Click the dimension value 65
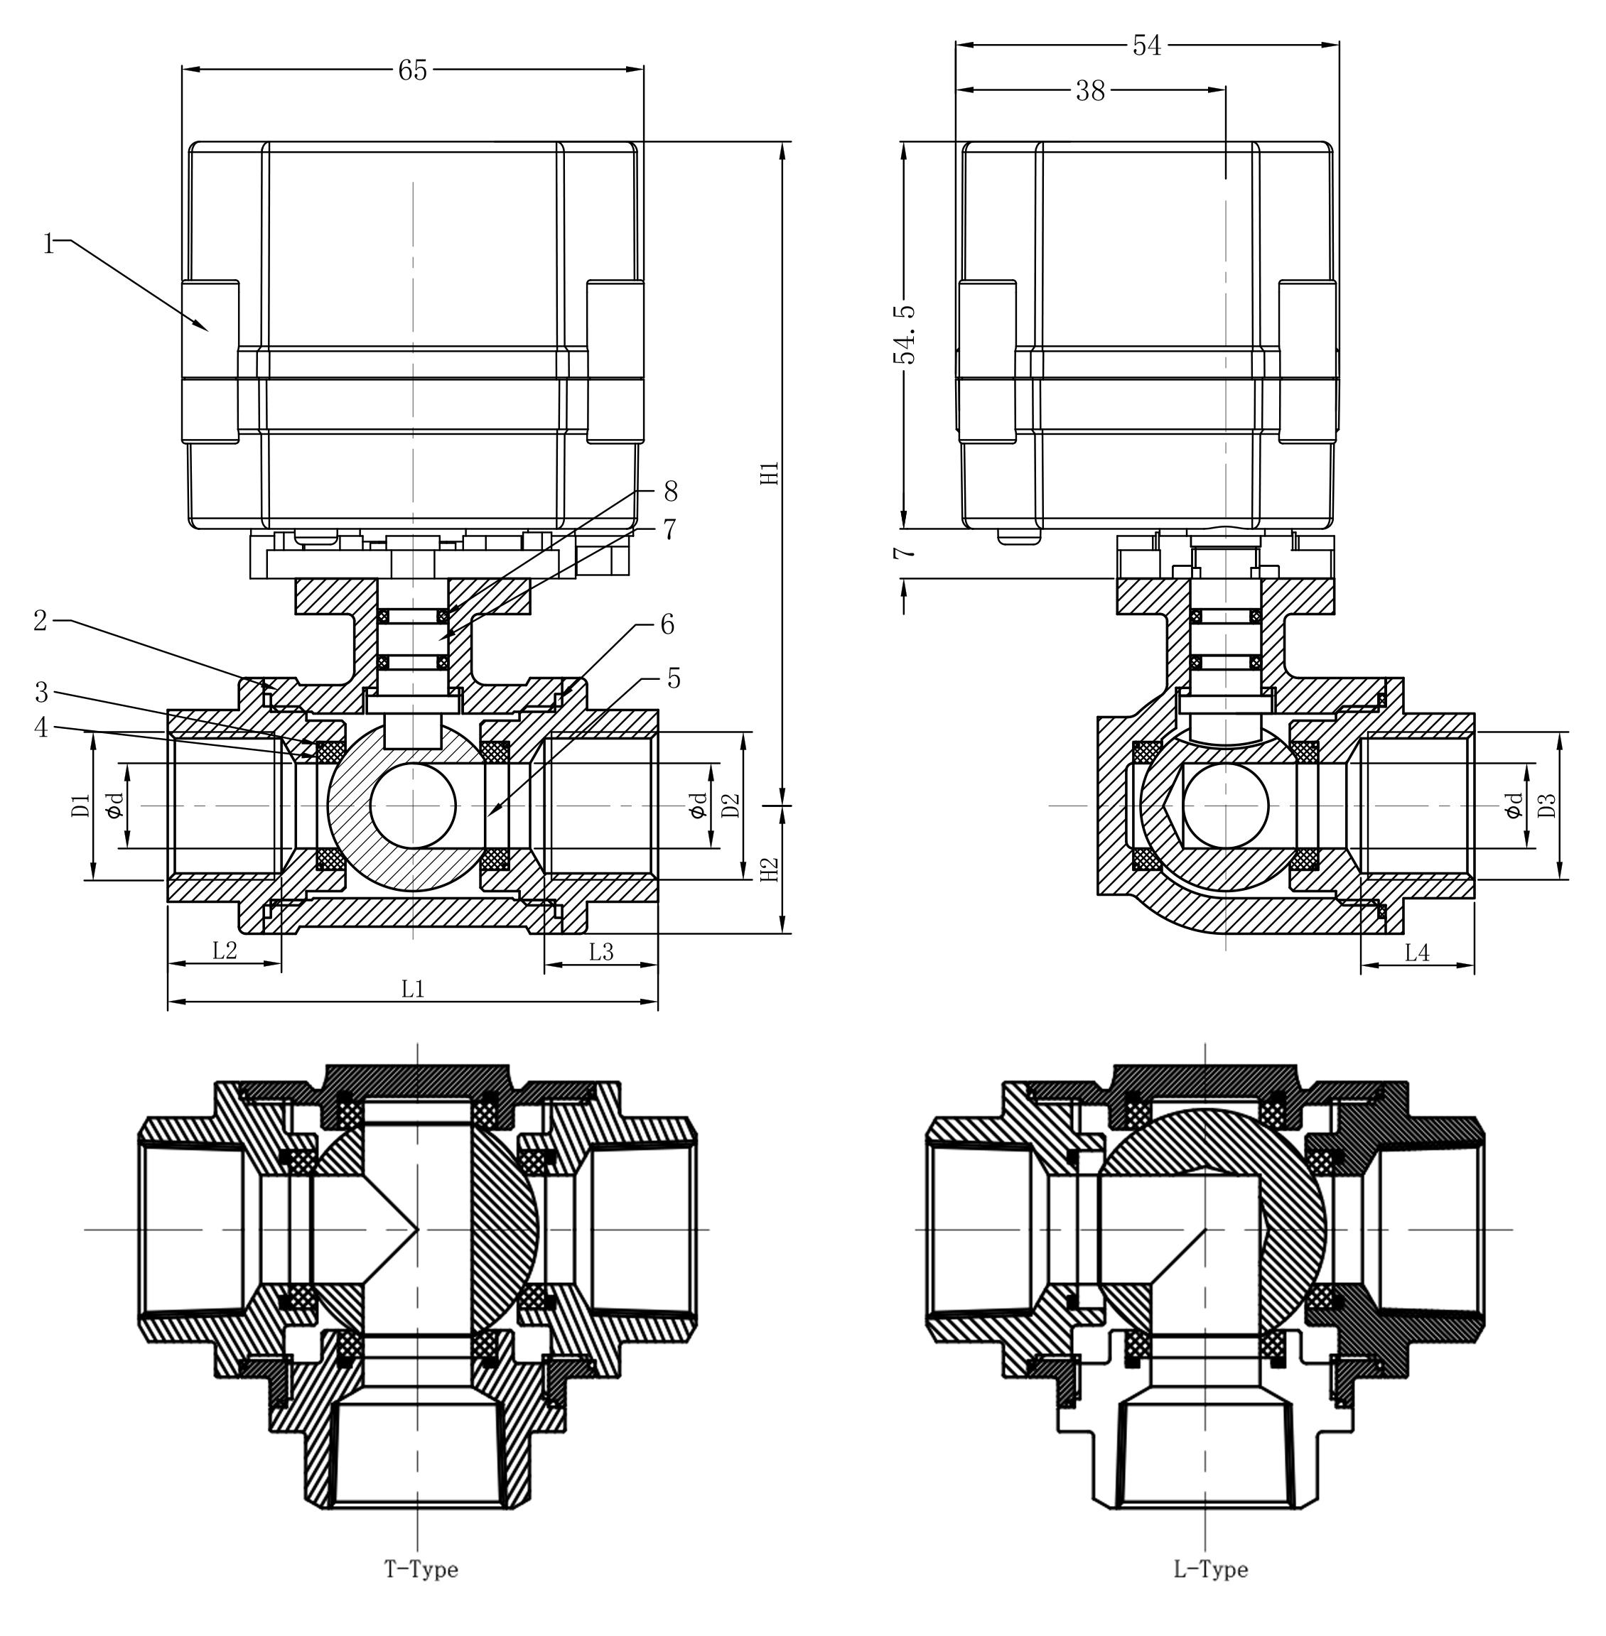412,71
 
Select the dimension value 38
1090,91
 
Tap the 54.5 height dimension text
904,335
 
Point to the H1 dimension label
770,473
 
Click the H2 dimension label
770,870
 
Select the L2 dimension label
225,951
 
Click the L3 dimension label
600,951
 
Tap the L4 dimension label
1417,953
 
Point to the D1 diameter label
81,806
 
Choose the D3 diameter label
1547,806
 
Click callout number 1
49,244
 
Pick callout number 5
673,678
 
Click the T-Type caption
421,1569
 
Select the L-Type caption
1210,1569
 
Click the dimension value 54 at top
1147,46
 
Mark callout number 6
667,624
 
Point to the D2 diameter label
731,806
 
